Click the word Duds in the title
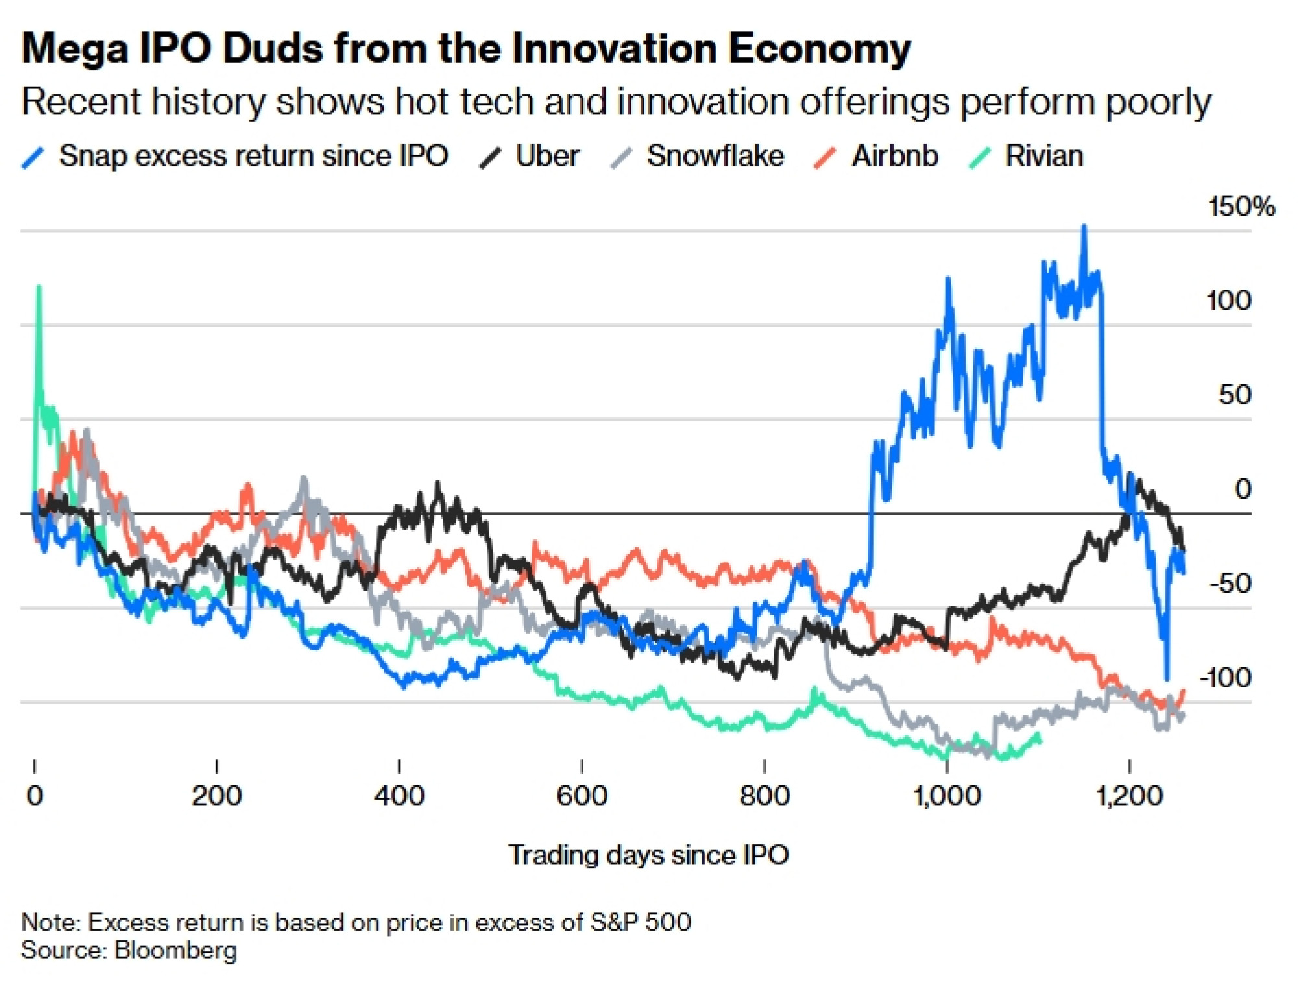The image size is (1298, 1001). [x=273, y=49]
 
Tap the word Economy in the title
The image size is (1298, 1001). [x=820, y=49]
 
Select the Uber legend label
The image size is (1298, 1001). [x=547, y=156]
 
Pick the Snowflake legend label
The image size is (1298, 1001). [x=715, y=156]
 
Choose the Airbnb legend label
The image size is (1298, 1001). [x=894, y=156]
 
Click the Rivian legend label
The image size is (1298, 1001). [x=1044, y=156]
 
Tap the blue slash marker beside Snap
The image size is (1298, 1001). [x=32, y=158]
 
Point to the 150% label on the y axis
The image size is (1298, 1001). [x=1241, y=207]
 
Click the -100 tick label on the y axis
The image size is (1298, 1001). [x=1225, y=678]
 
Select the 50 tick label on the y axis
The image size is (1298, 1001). [x=1234, y=395]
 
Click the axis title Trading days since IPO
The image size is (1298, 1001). [x=648, y=855]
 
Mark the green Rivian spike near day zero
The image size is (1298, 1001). [x=39, y=287]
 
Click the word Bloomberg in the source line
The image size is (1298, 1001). [x=175, y=950]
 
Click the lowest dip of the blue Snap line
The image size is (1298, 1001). [x=1167, y=678]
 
